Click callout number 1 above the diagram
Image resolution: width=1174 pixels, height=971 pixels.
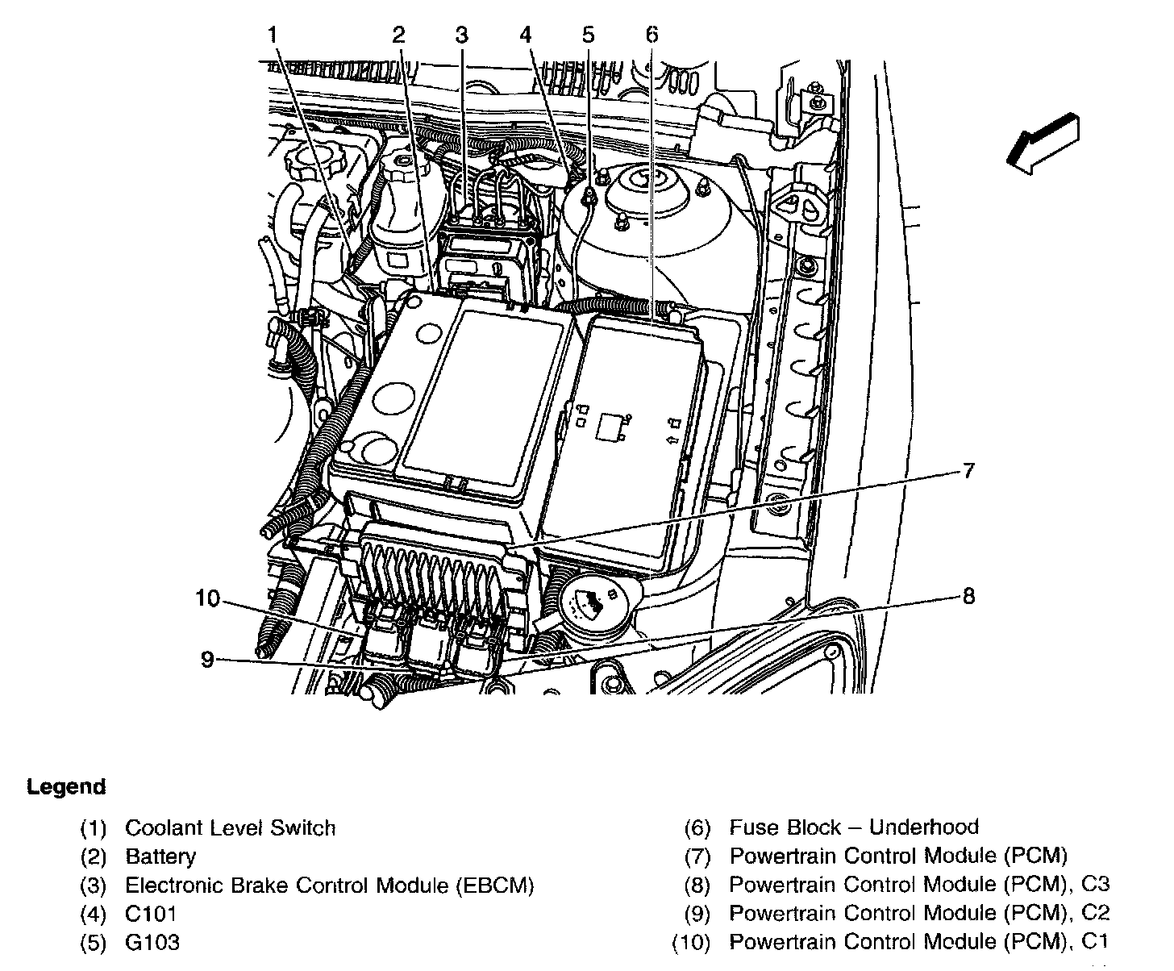click(x=273, y=35)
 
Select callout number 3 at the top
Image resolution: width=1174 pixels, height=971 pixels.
click(x=460, y=35)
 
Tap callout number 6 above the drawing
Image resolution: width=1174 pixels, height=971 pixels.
click(x=652, y=35)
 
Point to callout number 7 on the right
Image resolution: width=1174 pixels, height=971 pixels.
click(x=968, y=470)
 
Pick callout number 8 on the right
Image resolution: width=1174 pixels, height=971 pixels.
click(x=968, y=596)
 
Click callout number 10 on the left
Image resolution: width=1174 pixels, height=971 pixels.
click(x=207, y=598)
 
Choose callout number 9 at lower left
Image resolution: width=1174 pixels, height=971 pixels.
click(x=207, y=660)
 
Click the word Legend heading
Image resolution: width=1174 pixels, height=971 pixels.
click(x=66, y=787)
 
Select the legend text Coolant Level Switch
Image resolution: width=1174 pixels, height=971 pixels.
click(x=231, y=828)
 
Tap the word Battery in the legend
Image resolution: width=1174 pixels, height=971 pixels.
click(x=160, y=856)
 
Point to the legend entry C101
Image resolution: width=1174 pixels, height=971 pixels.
click(x=151, y=914)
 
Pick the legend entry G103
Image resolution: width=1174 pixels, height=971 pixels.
click(x=152, y=942)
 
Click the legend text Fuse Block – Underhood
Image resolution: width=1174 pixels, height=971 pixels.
click(x=854, y=827)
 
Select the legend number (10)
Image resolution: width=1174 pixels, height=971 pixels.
click(x=691, y=942)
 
